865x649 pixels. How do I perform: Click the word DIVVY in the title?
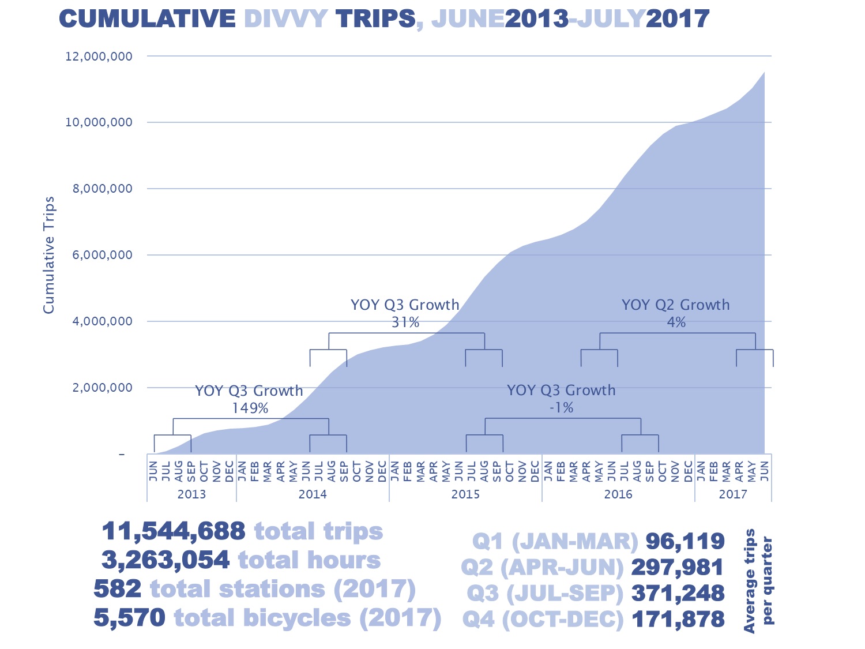coord(285,19)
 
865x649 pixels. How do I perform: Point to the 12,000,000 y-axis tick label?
coord(99,57)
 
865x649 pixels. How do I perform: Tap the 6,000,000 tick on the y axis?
coord(102,255)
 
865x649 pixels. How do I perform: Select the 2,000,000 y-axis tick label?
coord(102,388)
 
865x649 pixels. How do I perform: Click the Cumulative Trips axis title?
coord(49,255)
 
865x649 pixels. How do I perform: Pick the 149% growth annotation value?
coord(250,408)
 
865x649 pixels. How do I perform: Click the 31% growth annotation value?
coord(405,322)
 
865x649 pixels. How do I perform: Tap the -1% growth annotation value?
coord(561,408)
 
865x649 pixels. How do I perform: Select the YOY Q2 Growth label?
coord(675,305)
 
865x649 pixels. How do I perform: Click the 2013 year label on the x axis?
coord(191,494)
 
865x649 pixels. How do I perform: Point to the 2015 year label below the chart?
coord(465,494)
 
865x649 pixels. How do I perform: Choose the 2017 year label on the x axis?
coord(733,494)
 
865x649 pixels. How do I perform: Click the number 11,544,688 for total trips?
coord(174,531)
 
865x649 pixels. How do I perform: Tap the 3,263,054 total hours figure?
coord(166,560)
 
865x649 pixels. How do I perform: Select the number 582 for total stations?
coord(117,589)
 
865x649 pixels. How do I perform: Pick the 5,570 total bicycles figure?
coord(129,618)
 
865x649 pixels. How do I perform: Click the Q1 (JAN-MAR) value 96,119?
coord(685,541)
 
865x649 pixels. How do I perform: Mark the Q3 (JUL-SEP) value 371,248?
coord(678,593)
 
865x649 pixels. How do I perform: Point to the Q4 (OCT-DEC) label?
coord(543,620)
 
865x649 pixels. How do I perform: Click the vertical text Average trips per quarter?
coord(758,580)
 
